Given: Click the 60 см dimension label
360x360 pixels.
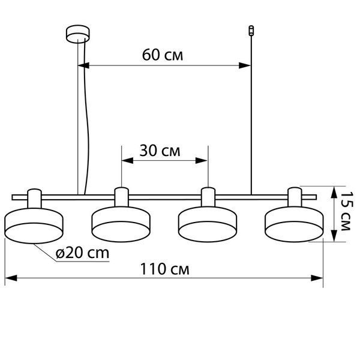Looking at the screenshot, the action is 163,55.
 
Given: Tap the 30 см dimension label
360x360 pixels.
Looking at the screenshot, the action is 160,151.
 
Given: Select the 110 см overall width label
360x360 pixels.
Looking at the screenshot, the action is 164,269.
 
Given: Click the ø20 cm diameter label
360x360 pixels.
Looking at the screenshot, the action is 82,253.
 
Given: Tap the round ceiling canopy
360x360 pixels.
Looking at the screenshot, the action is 78,34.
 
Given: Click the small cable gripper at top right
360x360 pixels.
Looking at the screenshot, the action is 251,31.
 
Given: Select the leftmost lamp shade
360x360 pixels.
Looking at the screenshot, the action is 34,226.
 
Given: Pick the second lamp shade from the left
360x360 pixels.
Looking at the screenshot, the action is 121,224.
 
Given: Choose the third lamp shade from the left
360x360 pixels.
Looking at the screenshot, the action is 208,224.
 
